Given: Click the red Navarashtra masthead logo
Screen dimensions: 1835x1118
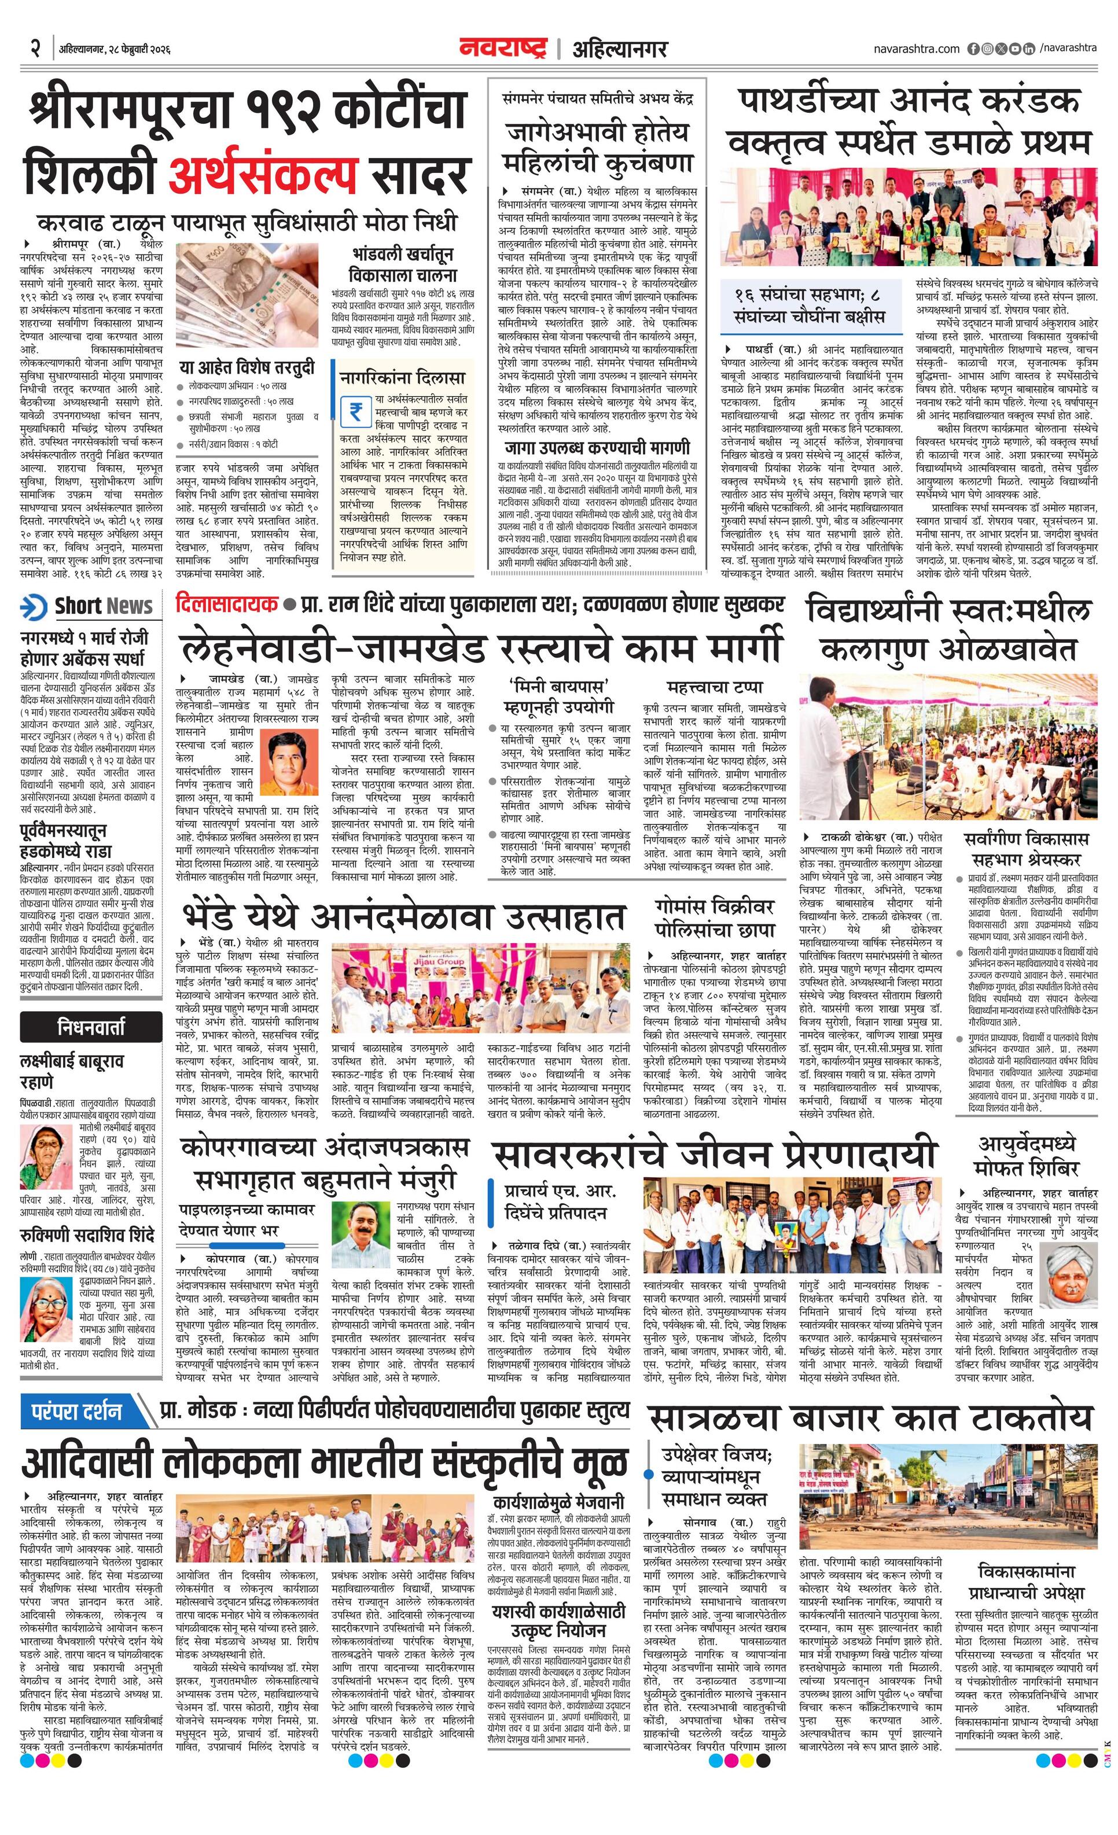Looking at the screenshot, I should pos(503,49).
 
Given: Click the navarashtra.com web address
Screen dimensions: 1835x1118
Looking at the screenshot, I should pos(917,49).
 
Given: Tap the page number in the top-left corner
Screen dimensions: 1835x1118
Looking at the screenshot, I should pos(34,49).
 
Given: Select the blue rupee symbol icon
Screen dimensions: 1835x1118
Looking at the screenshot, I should pos(355,412).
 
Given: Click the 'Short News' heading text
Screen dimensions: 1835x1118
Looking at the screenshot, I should pos(103,606).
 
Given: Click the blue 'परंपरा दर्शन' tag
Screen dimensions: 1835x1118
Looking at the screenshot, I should pos(77,1410).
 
